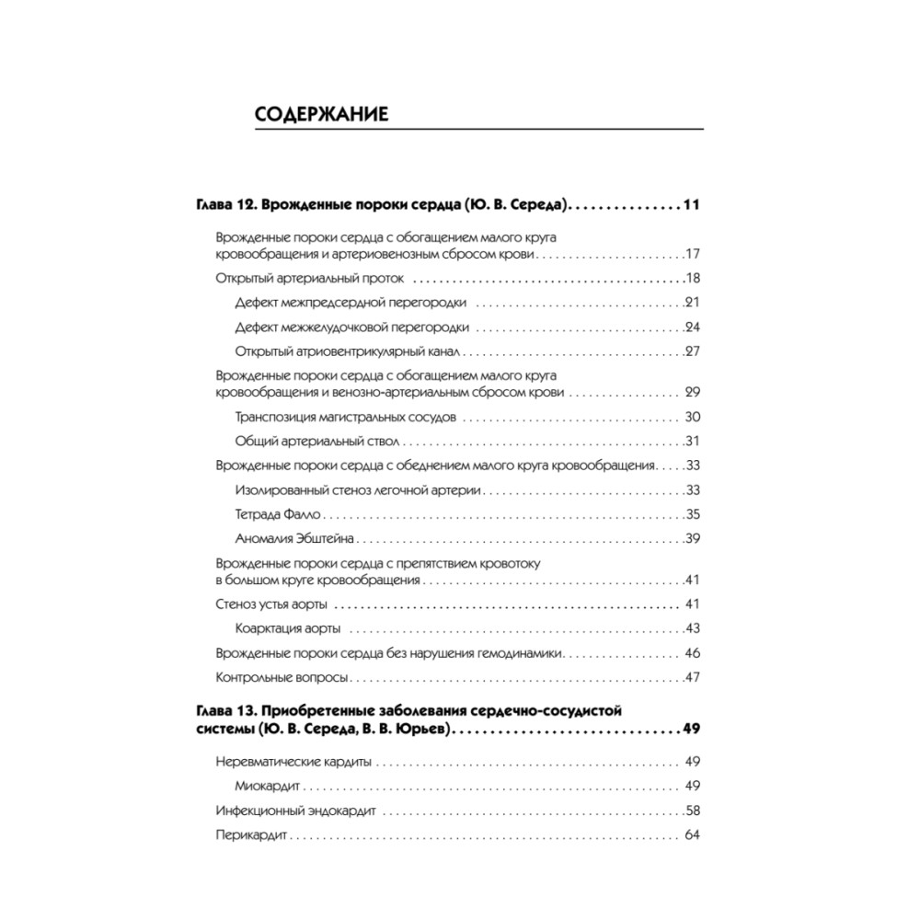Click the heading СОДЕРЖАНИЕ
(x=321, y=115)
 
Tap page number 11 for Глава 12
(x=692, y=204)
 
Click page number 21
(x=694, y=303)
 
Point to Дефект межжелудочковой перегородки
(x=352, y=327)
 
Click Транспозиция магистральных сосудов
(x=345, y=417)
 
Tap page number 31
(x=694, y=441)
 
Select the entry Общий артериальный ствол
(x=306, y=441)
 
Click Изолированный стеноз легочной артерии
(x=359, y=490)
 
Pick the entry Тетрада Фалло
(x=275, y=514)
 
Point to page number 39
(x=694, y=539)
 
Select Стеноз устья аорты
(x=272, y=604)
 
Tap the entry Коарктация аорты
(x=288, y=628)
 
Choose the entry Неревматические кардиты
(x=294, y=762)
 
